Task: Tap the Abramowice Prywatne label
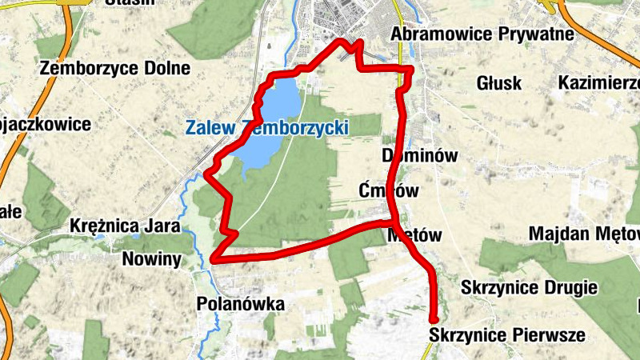[x=482, y=34]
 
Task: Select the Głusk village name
[x=498, y=83]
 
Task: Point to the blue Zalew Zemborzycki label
[x=265, y=127]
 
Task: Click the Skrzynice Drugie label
[x=530, y=287]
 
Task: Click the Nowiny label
[x=153, y=259]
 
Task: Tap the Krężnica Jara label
[x=124, y=226]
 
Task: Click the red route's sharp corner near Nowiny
[x=214, y=258]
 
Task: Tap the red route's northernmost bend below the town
[x=343, y=41]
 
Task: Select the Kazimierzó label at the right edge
[x=599, y=83]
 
